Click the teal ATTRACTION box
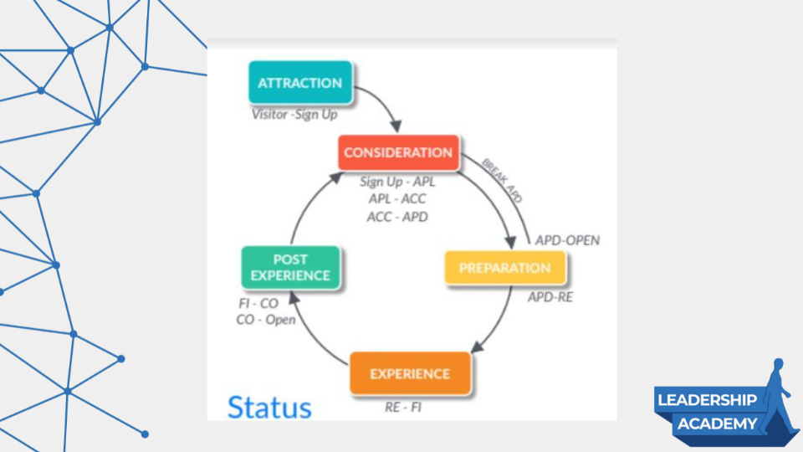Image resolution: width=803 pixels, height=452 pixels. tap(299, 83)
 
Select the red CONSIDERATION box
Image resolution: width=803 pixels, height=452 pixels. tap(398, 153)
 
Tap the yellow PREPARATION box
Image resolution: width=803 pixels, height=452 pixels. tap(504, 269)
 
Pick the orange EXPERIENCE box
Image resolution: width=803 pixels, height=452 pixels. tap(410, 373)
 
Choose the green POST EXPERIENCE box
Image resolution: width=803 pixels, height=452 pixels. tap(290, 268)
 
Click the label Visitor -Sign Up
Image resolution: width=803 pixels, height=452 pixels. tap(294, 114)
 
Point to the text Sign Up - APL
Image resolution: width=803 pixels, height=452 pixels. tap(398, 181)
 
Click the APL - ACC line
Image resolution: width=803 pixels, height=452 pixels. tap(398, 198)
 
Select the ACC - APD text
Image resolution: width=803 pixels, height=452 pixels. tap(398, 216)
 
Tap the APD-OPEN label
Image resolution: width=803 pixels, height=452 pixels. tap(567, 240)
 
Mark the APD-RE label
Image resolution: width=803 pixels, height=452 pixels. tap(550, 296)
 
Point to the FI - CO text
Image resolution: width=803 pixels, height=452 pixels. tap(258, 304)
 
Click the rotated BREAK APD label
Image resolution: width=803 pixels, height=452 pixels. tap(503, 179)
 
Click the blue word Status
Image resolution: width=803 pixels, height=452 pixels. tap(269, 408)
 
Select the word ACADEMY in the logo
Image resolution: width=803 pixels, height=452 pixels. tap(717, 424)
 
